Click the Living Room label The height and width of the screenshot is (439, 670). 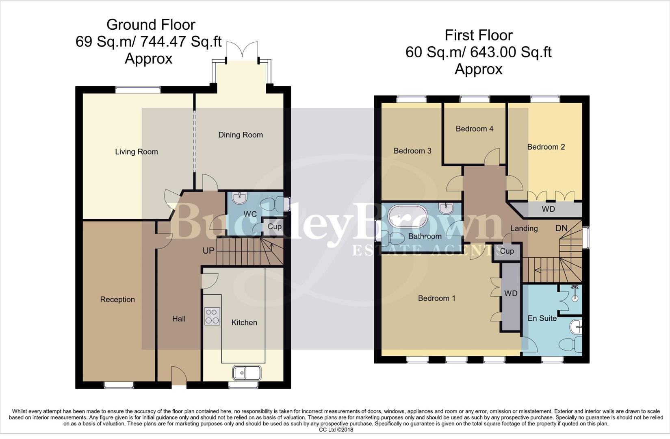point(136,152)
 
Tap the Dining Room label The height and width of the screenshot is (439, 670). point(241,135)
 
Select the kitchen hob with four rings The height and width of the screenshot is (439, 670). point(212,316)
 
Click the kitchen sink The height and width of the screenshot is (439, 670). point(247,372)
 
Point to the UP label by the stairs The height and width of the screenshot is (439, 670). point(208,251)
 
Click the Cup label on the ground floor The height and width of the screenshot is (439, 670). point(275,227)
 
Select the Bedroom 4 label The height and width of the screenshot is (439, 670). point(474,129)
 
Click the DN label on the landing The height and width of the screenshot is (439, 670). point(561,228)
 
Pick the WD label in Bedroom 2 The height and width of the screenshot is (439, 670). point(548,209)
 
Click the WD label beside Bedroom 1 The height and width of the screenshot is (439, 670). point(510,293)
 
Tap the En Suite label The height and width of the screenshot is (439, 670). point(542,318)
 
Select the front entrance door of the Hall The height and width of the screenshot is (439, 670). point(179,376)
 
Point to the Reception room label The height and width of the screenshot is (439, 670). point(117,300)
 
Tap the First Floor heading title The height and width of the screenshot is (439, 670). point(478,35)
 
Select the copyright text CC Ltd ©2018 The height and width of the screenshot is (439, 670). point(336,430)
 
